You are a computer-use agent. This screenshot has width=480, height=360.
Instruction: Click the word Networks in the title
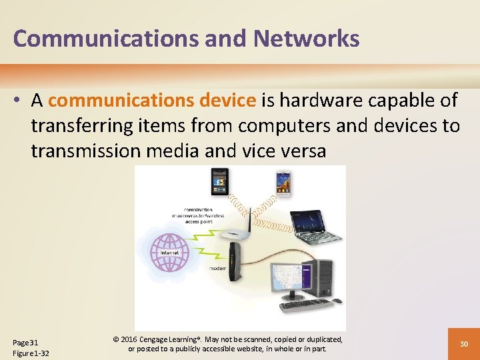tap(306, 39)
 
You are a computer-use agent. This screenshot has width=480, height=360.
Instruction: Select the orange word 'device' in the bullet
tap(231, 101)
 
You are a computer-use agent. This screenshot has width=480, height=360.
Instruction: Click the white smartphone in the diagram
tap(284, 183)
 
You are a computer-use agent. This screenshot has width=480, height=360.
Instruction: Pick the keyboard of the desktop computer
tap(303, 305)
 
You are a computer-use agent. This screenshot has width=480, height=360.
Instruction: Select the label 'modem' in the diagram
tap(217, 268)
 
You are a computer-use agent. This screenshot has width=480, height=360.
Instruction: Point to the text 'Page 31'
tap(26, 342)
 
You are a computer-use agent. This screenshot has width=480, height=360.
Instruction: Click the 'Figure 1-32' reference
tap(31, 353)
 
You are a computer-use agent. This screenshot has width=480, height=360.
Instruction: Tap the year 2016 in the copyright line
tap(129, 339)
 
